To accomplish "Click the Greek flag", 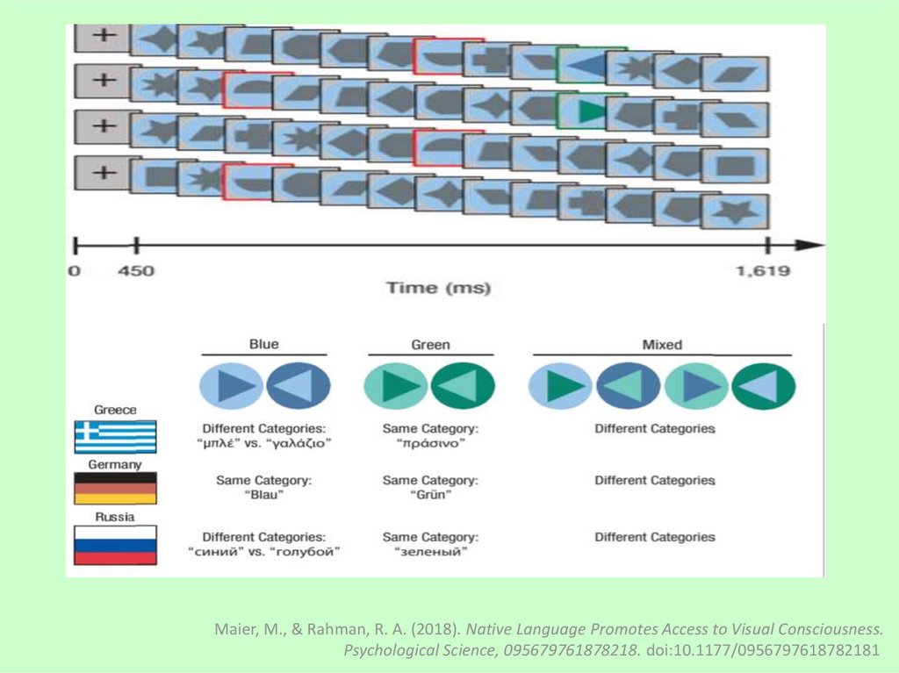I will click(x=115, y=436).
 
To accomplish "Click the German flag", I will click(x=115, y=488).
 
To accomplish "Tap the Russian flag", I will click(x=115, y=545).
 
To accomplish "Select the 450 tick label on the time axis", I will click(x=136, y=271).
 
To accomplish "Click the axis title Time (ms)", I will click(x=438, y=288).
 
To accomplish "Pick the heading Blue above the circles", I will click(x=263, y=345).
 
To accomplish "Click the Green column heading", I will click(x=430, y=345).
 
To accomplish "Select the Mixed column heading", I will click(x=662, y=345).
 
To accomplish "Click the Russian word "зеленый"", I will click(x=430, y=552).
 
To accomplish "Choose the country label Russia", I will click(x=114, y=517).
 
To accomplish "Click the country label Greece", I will click(x=115, y=410).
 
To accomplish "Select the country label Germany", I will click(x=115, y=464).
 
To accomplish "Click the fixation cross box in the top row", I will click(x=103, y=36).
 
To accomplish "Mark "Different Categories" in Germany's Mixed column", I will click(x=655, y=481).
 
